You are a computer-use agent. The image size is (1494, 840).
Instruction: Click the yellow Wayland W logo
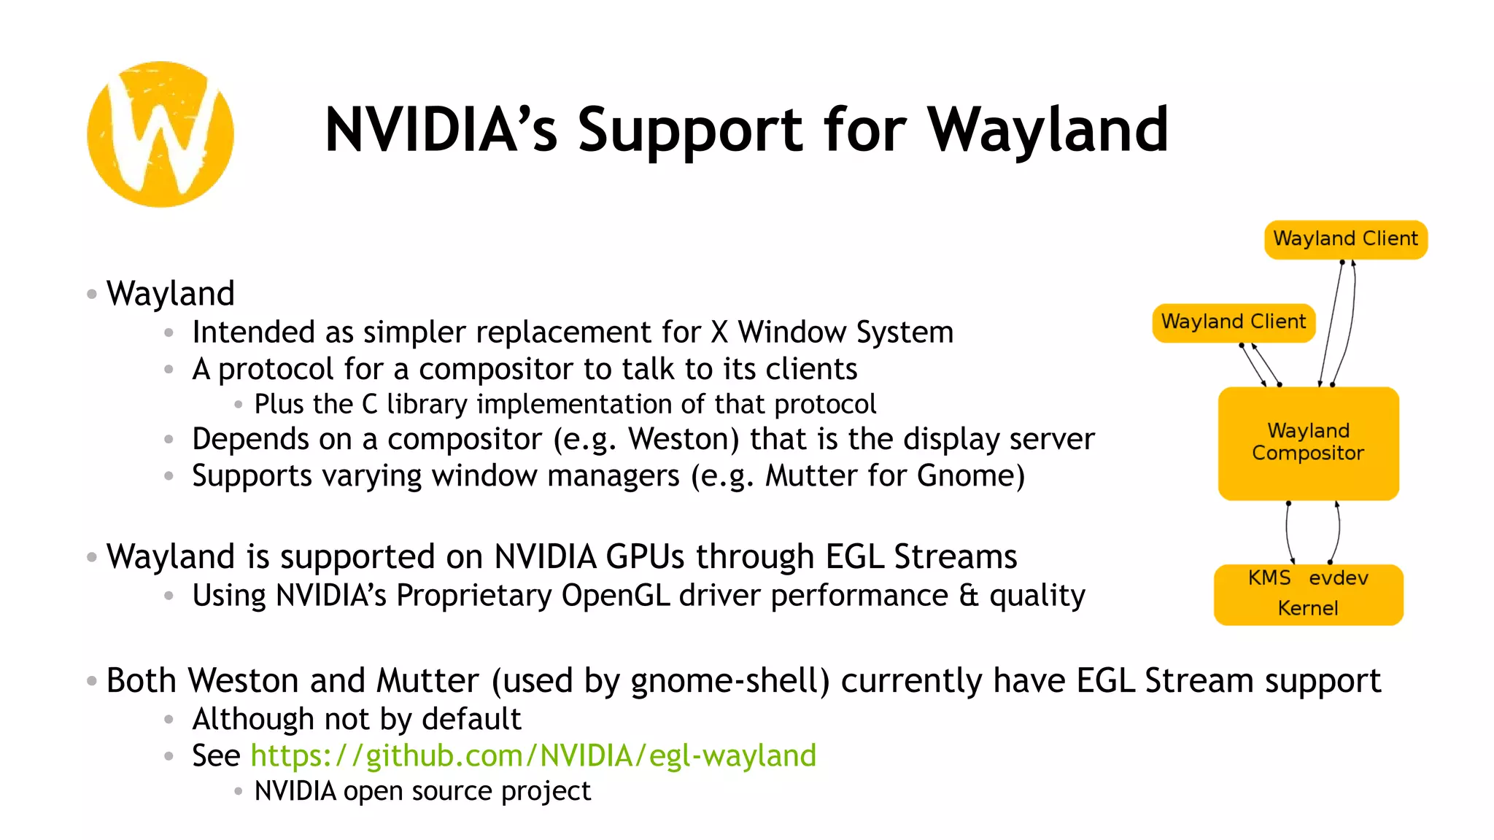[x=160, y=134]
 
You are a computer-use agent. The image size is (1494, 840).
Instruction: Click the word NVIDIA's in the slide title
[x=441, y=130]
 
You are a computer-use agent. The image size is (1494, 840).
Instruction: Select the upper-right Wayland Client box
[x=1345, y=239]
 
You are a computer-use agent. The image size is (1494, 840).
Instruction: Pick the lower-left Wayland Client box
[x=1234, y=322]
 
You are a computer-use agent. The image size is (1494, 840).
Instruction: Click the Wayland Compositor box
[x=1308, y=443]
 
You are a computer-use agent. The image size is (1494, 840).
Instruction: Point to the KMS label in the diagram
[x=1269, y=577]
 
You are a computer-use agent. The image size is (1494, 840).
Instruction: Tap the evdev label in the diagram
[x=1338, y=578]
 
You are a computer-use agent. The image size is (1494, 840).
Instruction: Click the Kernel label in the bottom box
[x=1308, y=608]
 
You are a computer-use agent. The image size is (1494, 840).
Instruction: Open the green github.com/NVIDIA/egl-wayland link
[x=533, y=755]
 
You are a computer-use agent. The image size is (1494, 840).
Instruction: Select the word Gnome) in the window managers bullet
[x=970, y=475]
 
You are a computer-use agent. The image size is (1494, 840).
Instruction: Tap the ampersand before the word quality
[x=969, y=596]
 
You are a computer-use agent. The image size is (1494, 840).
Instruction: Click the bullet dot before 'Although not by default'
[x=169, y=720]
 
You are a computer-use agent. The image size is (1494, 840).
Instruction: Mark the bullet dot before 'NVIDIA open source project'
[x=238, y=791]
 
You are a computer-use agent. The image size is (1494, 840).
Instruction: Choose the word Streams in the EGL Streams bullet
[x=955, y=557]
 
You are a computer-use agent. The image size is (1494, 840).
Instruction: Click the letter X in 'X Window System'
[x=719, y=332]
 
